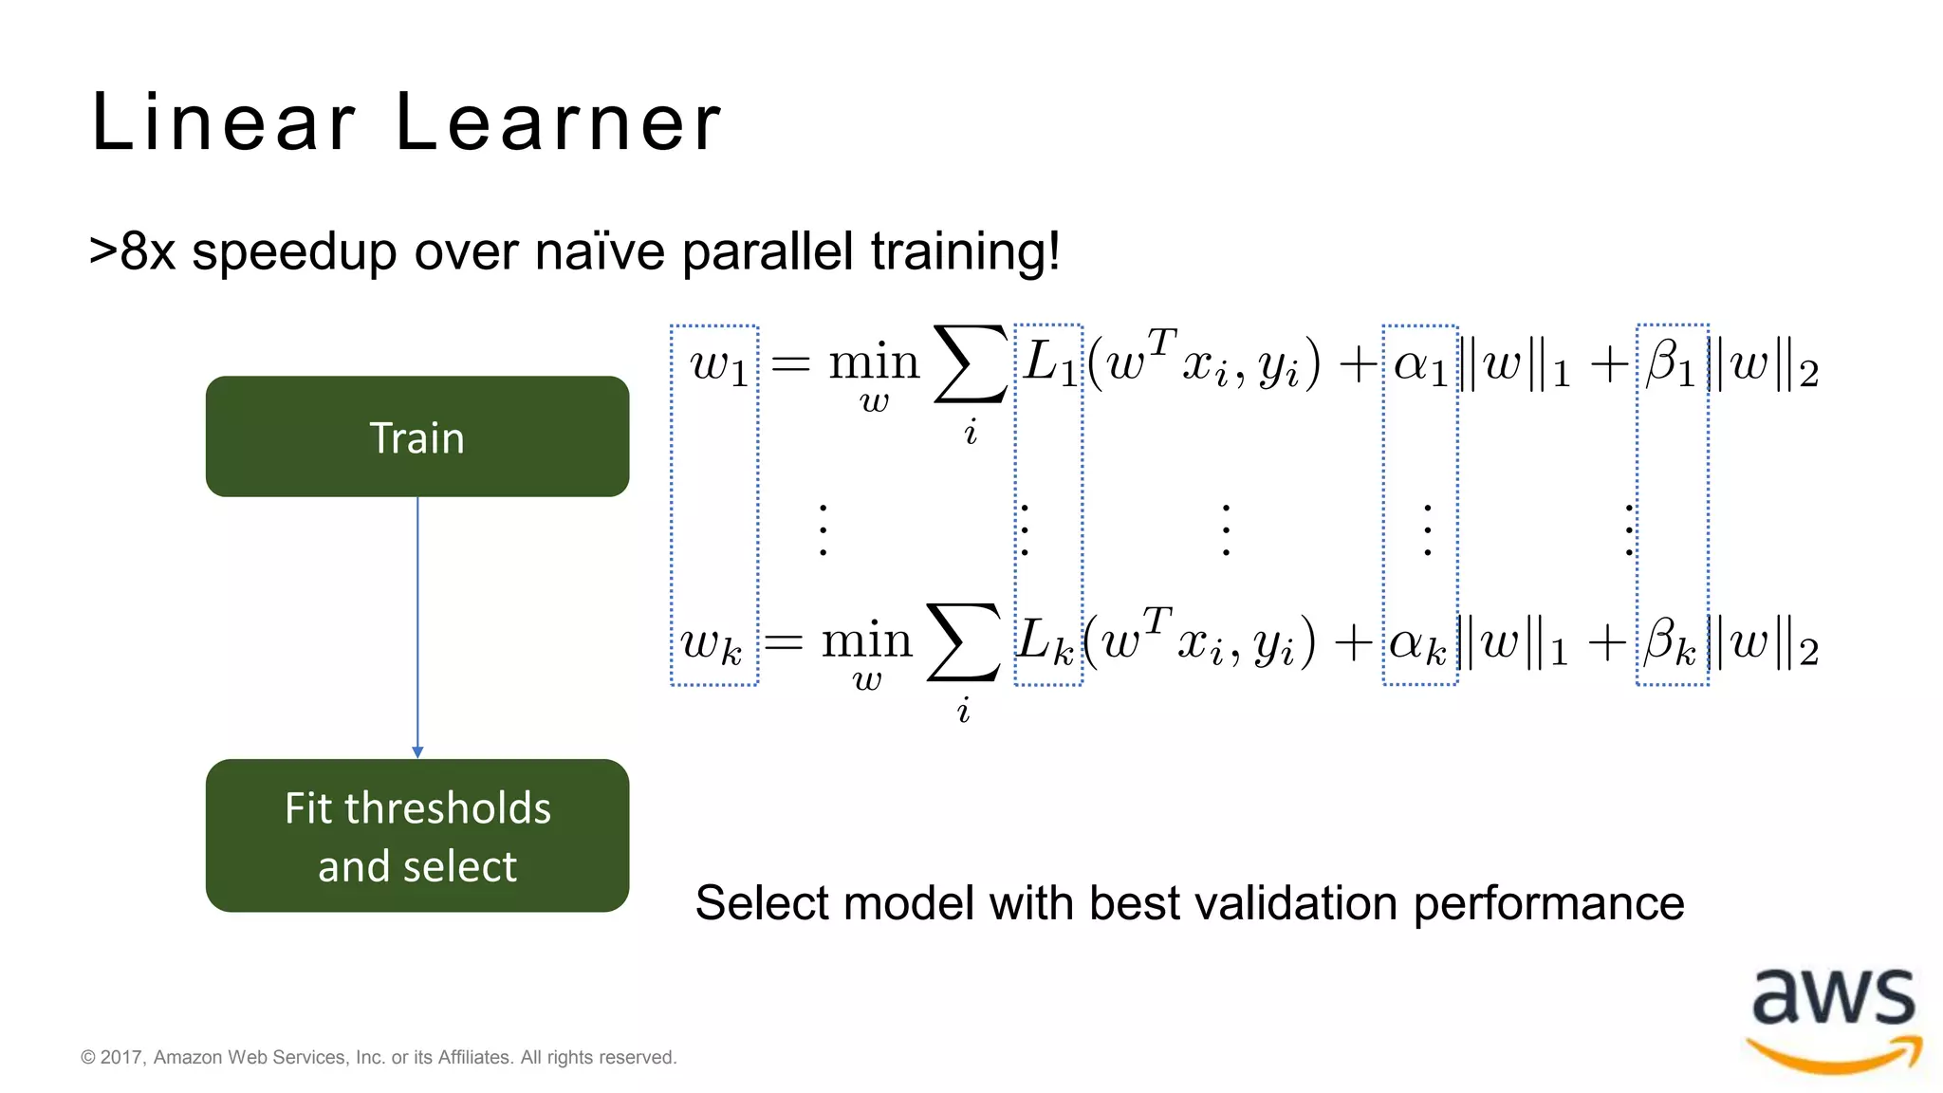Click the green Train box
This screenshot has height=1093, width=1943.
click(x=416, y=436)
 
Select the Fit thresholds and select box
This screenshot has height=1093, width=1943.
click(x=416, y=836)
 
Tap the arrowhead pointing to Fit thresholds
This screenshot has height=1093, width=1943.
click(x=417, y=751)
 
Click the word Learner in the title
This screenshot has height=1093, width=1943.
click(x=558, y=122)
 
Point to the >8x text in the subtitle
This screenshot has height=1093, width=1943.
click(x=132, y=251)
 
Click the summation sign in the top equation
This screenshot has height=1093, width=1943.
click(x=970, y=365)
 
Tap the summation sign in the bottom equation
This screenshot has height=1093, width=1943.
click(x=963, y=642)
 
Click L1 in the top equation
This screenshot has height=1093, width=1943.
click(x=1049, y=364)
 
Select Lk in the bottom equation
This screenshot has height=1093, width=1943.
click(x=1046, y=642)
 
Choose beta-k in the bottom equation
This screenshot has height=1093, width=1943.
click(x=1671, y=642)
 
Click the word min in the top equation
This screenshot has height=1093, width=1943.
click(x=874, y=362)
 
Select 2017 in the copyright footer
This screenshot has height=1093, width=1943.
click(x=120, y=1057)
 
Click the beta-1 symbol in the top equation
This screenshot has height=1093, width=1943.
click(x=1671, y=364)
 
